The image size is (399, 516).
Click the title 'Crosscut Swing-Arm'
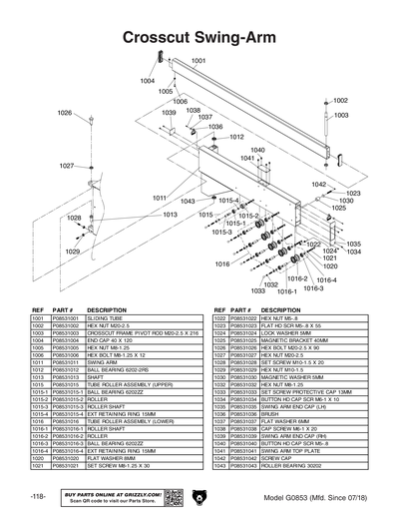(199, 38)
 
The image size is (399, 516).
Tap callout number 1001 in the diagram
(199, 61)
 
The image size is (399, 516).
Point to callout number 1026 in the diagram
(65, 113)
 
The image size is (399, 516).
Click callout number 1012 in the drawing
(236, 137)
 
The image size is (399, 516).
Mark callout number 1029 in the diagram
(72, 252)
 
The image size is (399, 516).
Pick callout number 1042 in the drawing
(318, 185)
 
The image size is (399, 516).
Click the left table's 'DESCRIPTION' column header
(108, 309)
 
